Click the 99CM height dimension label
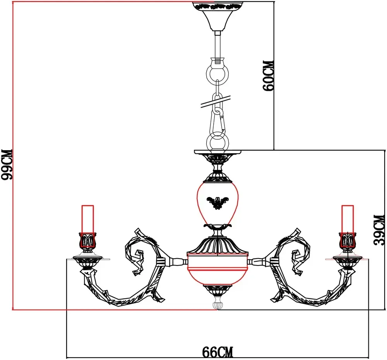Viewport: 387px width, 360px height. click(x=7, y=165)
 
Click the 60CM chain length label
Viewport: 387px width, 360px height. click(x=268, y=75)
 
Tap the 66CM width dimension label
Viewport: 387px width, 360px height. click(x=218, y=352)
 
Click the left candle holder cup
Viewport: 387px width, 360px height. click(x=87, y=241)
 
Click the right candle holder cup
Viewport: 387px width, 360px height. click(x=348, y=241)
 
